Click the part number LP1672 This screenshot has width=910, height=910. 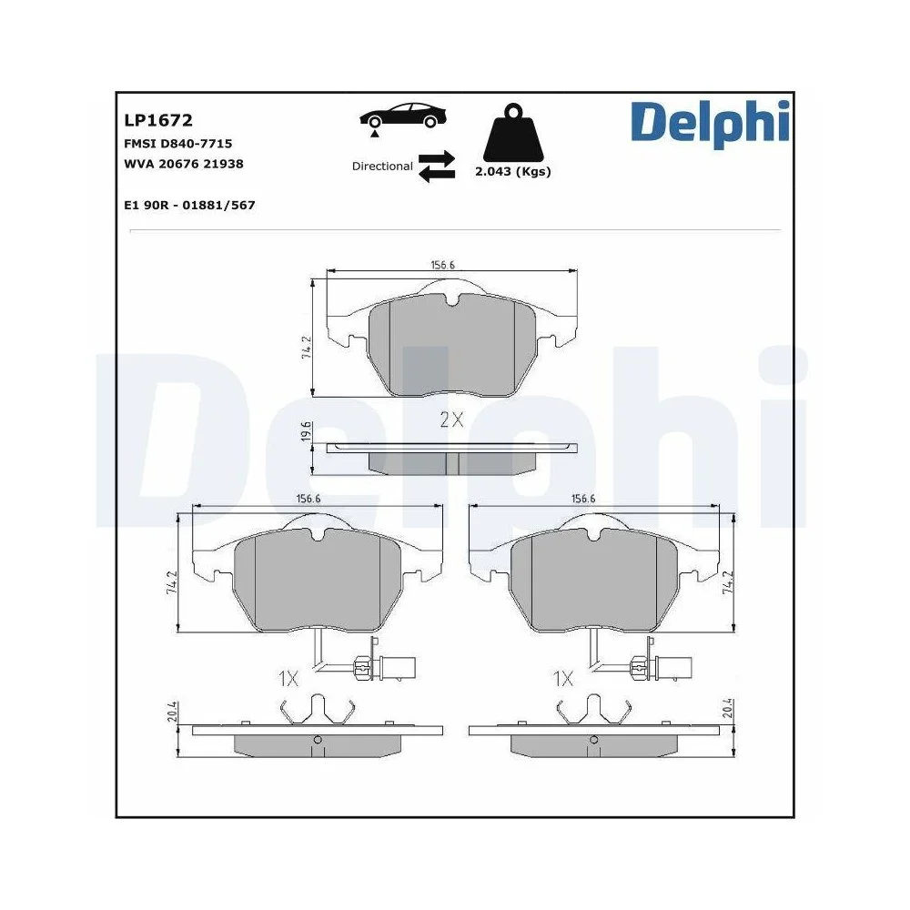tap(157, 120)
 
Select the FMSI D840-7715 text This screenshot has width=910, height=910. tap(177, 143)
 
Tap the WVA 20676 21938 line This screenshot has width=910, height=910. tap(183, 164)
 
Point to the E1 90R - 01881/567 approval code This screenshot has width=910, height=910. tap(189, 206)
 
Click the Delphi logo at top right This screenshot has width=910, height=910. tap(710, 123)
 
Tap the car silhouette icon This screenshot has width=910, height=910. tap(404, 116)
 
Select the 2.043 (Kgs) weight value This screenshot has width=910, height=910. tap(513, 171)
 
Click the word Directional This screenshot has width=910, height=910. tap(382, 167)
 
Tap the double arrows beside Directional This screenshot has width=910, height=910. tap(437, 166)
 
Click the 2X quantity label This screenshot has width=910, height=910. tap(452, 420)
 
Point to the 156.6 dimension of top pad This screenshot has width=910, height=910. tap(442, 265)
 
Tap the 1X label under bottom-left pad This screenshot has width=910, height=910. tap(288, 678)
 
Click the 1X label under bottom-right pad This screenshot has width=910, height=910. tap(563, 678)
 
